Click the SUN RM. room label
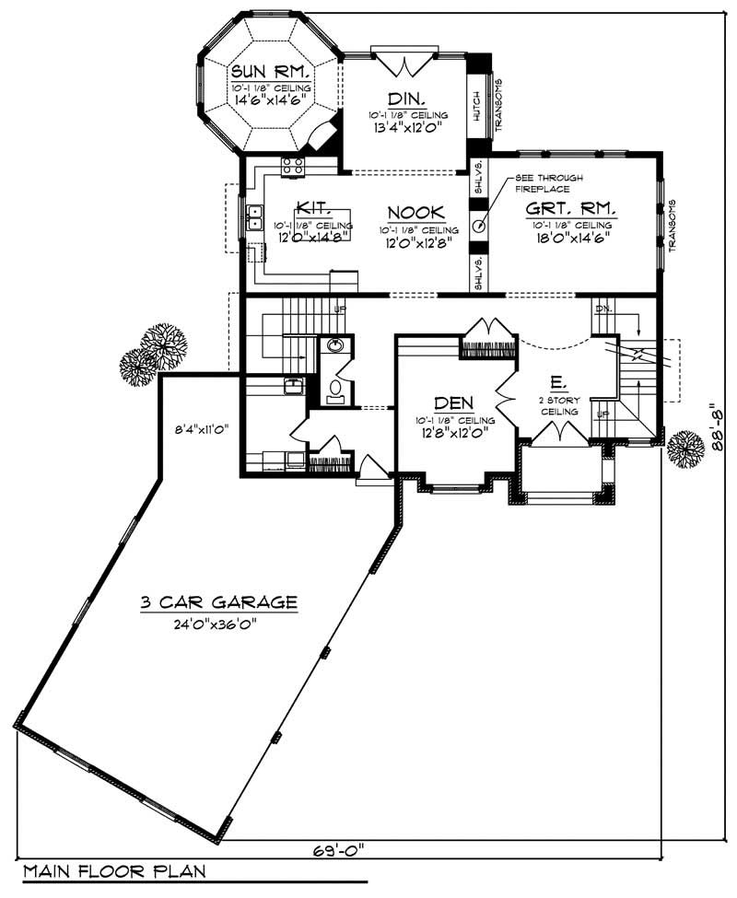pyautogui.click(x=268, y=71)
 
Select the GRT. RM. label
pyautogui.click(x=570, y=208)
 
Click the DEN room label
pyautogui.click(x=454, y=402)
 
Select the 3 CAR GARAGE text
pyautogui.click(x=218, y=603)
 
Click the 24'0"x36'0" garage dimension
pyautogui.click(x=218, y=624)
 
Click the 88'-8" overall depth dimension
pyautogui.click(x=719, y=426)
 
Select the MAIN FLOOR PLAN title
pyautogui.click(x=114, y=870)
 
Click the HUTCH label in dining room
pyautogui.click(x=476, y=105)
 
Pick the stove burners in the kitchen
pyautogui.click(x=293, y=166)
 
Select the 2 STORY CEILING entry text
pyautogui.click(x=559, y=406)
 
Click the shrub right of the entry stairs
pyautogui.click(x=685, y=449)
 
